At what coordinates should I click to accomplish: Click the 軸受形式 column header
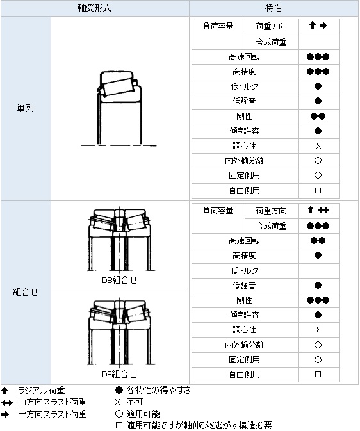click(94, 8)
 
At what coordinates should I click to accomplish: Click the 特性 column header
click(273, 8)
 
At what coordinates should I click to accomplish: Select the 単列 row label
click(26, 108)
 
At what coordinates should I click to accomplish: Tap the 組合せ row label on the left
click(26, 292)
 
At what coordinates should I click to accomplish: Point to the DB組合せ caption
click(119, 280)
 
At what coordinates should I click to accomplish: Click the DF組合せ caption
click(119, 374)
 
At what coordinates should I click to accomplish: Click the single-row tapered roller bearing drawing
click(119, 108)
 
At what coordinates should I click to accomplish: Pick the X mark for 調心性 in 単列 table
click(318, 145)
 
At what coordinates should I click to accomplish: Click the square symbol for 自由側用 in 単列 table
click(318, 190)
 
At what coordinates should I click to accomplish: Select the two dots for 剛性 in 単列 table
click(318, 117)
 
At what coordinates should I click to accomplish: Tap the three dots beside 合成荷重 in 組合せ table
click(318, 226)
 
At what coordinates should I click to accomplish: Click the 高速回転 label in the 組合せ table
click(244, 241)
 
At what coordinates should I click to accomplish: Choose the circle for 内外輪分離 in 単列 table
click(318, 161)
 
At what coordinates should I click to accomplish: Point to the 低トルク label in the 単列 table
click(245, 86)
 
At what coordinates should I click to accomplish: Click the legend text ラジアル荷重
click(41, 390)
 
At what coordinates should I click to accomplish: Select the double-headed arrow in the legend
click(7, 403)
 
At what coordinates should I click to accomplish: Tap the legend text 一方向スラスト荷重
click(53, 414)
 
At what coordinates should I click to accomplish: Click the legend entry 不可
click(135, 402)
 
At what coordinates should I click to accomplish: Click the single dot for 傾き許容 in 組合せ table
click(318, 314)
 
